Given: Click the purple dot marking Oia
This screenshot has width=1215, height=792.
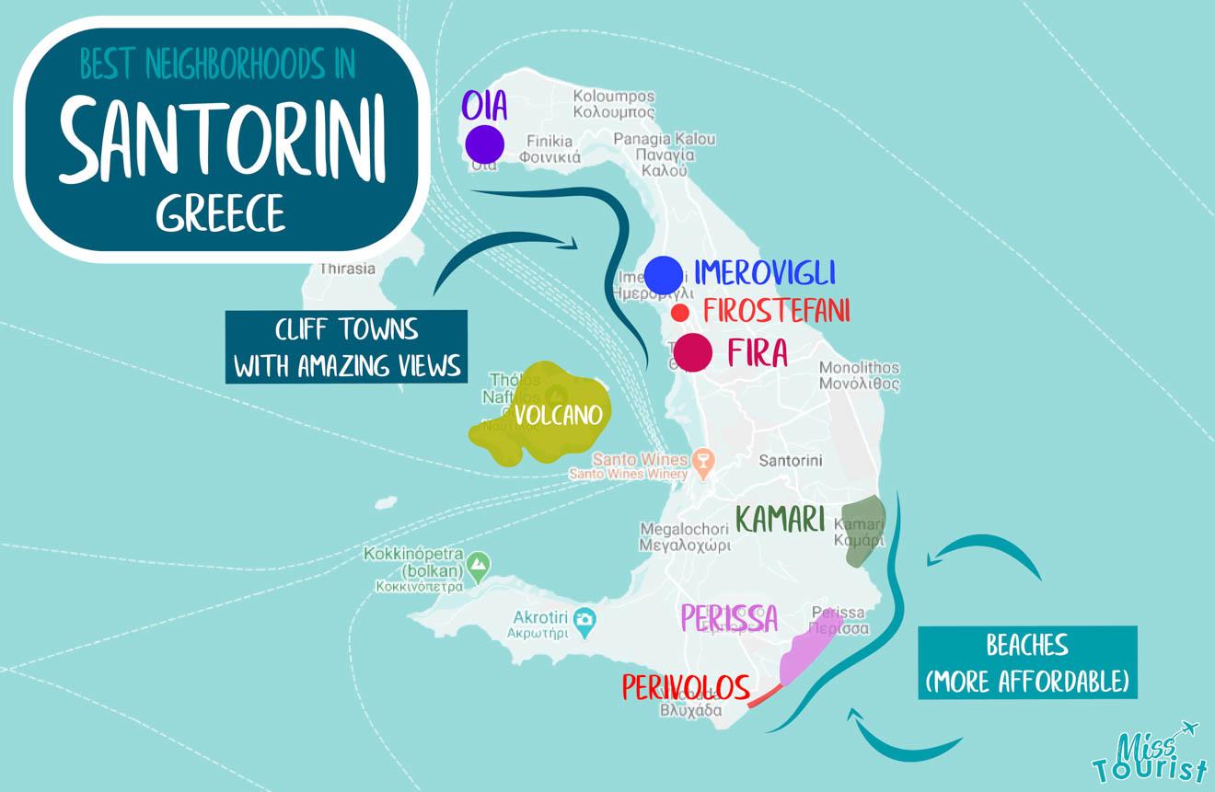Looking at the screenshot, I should pos(484,144).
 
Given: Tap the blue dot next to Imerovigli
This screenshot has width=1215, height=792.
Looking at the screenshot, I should pos(664,274).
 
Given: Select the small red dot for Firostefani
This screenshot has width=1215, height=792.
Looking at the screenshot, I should pos(680,313).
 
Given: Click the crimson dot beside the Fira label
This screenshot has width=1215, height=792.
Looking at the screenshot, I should pos(692,352).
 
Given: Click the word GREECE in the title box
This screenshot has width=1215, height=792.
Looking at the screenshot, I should pos(221,214).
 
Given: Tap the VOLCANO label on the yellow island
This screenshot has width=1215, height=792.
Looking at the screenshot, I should pos(558,415).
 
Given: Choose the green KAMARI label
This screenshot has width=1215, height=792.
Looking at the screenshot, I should pos(781,520).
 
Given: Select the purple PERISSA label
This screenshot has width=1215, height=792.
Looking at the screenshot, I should pos(729,618).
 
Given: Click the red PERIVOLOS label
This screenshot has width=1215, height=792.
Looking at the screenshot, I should pos(686,686).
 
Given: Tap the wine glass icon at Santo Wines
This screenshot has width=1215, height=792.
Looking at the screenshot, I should pos(703,461).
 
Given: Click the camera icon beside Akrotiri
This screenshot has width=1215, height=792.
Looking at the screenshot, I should pos(584,623).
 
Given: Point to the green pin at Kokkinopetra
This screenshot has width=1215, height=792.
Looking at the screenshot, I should pos(477,563).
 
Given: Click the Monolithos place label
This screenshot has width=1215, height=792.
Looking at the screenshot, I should pos(859,375).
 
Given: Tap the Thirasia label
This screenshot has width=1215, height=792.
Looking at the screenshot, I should pos(347,269).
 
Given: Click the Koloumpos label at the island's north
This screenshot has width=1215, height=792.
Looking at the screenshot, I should pos(614,103).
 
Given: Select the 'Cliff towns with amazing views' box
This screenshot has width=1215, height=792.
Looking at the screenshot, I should pos(346,347).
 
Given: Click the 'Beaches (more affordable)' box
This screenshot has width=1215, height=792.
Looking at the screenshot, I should pos(1027,662).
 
